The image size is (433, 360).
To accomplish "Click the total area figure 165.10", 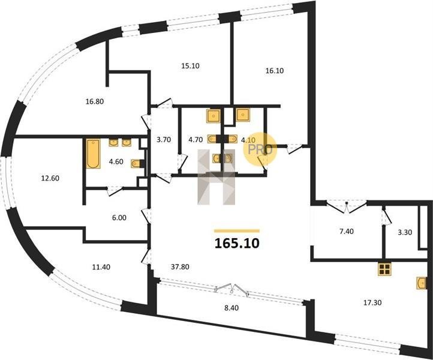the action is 237,244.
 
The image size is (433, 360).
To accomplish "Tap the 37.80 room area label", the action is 180,267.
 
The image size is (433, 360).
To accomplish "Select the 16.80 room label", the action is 95,101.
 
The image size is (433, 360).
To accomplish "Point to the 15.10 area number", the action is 190,66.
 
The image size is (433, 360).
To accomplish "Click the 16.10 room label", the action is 275,71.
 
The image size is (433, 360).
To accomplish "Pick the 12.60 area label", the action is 50,178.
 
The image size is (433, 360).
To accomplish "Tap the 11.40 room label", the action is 101,267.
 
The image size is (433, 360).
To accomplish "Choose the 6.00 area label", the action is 119,218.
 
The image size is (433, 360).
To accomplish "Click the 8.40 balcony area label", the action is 231,308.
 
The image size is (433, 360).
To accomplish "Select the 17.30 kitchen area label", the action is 372,302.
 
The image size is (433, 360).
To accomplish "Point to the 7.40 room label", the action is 346,232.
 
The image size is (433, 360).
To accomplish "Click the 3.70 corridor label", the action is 164,140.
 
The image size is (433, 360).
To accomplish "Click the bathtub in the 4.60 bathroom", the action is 93,154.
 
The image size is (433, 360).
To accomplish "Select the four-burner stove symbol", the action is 384,269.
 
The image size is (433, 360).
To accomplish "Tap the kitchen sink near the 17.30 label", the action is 421,283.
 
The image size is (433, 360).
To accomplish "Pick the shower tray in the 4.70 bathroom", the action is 214,115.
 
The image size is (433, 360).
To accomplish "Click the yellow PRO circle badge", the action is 260,149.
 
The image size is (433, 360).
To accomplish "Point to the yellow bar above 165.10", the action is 237,231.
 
